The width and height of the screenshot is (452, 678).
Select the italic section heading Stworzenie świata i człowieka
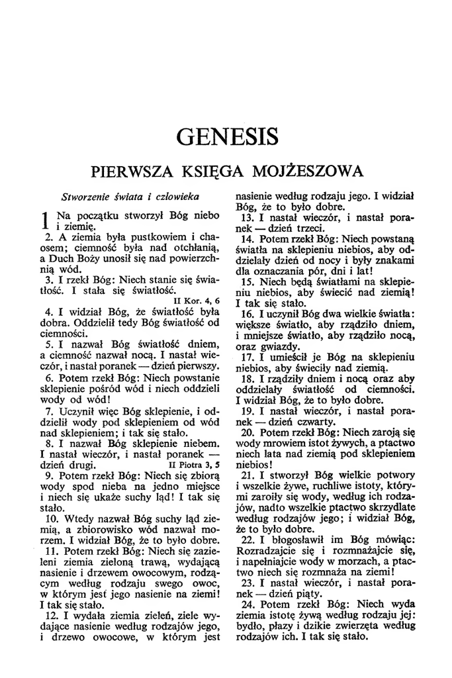pos(130,197)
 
